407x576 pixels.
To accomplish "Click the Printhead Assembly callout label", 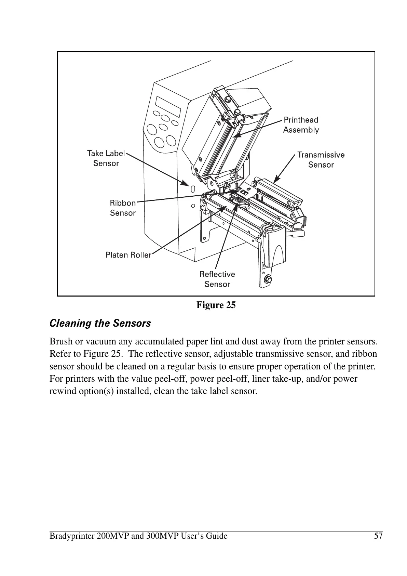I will pyautogui.click(x=301, y=125).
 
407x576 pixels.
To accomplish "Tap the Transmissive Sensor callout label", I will pyautogui.click(x=321, y=160).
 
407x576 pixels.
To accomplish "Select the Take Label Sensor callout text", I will pyautogui.click(x=106, y=158).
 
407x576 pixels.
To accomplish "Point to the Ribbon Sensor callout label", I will pyautogui.click(x=123, y=208).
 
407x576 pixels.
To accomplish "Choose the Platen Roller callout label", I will pyautogui.click(x=128, y=255).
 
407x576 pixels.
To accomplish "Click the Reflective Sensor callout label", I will pyautogui.click(x=217, y=279).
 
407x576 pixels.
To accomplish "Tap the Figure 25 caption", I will pyautogui.click(x=216, y=305).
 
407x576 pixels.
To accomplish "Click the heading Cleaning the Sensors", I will pyautogui.click(x=100, y=323).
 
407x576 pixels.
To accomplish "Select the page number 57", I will pyautogui.click(x=378, y=536).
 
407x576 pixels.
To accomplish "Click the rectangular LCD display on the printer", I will pyautogui.click(x=168, y=106).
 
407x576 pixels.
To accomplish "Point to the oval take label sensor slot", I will pyautogui.click(x=192, y=188).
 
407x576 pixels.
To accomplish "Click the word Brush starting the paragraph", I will pyautogui.click(x=59, y=342).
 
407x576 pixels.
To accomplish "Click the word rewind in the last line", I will pyautogui.click(x=60, y=391).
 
